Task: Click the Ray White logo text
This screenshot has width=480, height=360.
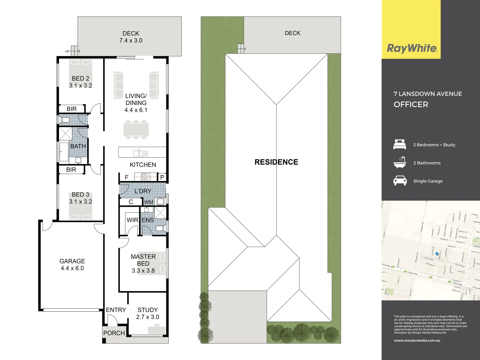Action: tap(412, 48)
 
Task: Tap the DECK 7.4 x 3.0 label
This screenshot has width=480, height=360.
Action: tap(131, 37)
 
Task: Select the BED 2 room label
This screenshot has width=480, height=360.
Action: tap(80, 82)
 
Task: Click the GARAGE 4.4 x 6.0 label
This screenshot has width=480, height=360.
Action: tap(72, 265)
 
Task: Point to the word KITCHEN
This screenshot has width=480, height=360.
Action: tap(143, 165)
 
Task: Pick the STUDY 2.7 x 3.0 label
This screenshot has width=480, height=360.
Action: tap(147, 313)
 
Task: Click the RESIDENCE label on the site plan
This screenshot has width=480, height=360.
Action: tap(276, 162)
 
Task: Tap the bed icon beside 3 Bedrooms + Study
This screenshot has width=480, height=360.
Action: tap(400, 145)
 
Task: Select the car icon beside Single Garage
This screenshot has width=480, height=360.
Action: tap(400, 181)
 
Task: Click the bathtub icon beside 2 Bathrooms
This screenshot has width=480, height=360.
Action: tap(400, 162)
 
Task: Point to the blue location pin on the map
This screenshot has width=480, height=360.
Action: tap(437, 254)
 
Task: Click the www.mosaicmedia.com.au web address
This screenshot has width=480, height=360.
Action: tap(417, 340)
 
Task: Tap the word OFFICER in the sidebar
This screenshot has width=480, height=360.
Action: tap(411, 104)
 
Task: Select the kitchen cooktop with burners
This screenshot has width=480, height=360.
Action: tap(146, 177)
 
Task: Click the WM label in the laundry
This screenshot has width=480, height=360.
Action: tap(149, 202)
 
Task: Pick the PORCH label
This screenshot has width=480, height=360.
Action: tap(114, 333)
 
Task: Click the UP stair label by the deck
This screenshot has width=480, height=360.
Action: tap(67, 51)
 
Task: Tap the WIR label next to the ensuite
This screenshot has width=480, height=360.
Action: tap(132, 220)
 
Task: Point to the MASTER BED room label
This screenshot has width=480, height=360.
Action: tap(143, 260)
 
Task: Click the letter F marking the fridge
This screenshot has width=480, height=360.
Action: tap(127, 177)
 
